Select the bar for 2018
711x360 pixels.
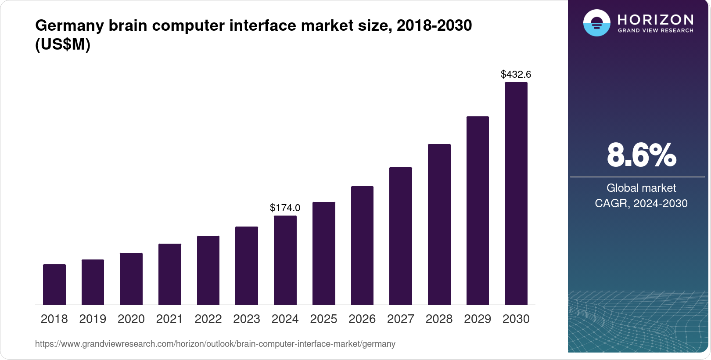pos(54,284)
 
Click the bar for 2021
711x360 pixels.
pos(170,274)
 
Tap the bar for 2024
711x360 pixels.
pos(285,260)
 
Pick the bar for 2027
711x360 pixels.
pos(400,236)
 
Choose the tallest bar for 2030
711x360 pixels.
pos(516,193)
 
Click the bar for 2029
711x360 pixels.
pos(478,210)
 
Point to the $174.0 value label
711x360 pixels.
pos(285,208)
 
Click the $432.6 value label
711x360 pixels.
pos(516,74)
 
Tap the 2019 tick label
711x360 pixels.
pos(93,319)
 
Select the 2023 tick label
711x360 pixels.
pos(247,319)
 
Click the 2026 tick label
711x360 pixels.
pos(362,319)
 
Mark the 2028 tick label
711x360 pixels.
pos(439,319)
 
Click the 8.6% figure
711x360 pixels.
pos(641,155)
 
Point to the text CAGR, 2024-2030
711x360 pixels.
pos(641,203)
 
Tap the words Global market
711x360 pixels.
pos(641,188)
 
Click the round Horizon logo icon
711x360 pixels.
pos(596,23)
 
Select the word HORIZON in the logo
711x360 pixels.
pos(655,19)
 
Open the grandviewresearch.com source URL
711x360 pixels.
pos(215,344)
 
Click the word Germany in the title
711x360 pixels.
pos(69,25)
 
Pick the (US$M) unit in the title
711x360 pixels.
pos(63,44)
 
